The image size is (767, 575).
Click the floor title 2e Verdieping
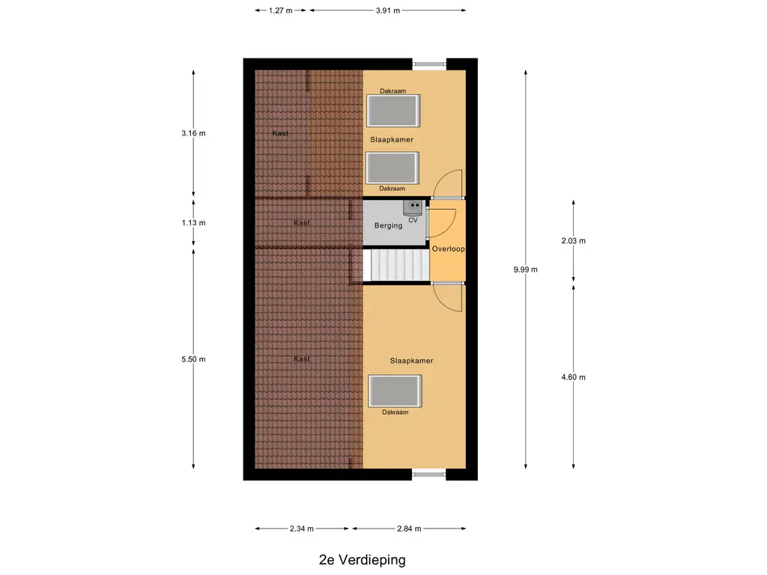pos(361,559)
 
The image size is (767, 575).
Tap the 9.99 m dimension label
pos(525,270)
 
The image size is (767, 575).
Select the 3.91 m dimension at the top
pos(387,10)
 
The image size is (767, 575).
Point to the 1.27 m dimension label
pos(281,10)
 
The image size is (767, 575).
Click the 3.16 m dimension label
pos(193,133)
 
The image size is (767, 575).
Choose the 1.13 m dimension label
pos(193,222)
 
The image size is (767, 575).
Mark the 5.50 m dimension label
pos(193,359)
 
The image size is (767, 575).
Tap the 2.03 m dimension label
pos(574,241)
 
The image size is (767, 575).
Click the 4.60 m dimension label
pos(574,377)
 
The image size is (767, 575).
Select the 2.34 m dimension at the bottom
pos(302,529)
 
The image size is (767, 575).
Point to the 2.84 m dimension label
pos(409,529)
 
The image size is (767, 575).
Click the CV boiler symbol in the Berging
pos(412,206)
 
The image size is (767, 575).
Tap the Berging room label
pos(389,225)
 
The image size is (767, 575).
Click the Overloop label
pos(449,249)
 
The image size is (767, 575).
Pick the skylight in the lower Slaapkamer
pos(395,391)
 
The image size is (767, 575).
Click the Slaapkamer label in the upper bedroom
pos(392,140)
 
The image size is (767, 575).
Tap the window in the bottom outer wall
pos(428,474)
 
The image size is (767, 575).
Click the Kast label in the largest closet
pos(302,359)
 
